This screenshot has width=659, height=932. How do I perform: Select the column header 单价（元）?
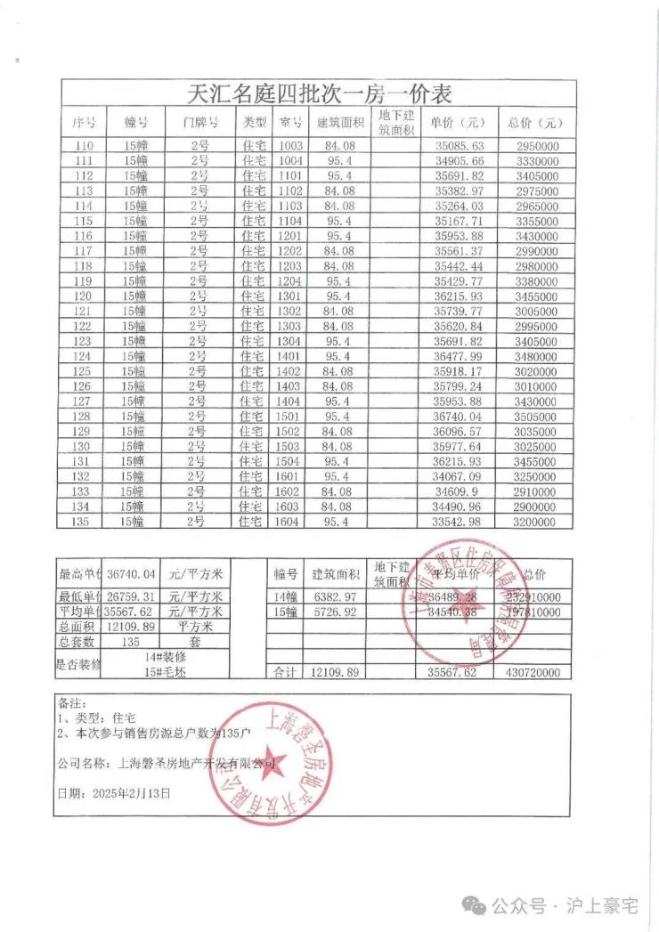coord(458,123)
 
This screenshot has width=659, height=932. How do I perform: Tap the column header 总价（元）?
coord(535,123)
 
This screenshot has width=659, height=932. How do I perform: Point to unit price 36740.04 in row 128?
coord(459,416)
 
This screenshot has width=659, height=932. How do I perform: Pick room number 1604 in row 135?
coord(291,521)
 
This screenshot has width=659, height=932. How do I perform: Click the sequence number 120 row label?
coord(85,296)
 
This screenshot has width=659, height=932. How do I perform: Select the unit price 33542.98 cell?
coord(459,521)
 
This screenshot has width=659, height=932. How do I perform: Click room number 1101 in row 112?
coord(291,176)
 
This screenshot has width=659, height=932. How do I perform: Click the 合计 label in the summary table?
coord(287,673)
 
